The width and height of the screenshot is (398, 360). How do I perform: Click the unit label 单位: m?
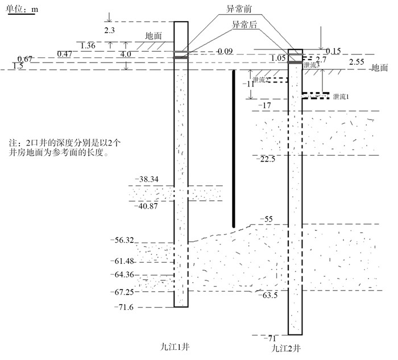coord(21,11)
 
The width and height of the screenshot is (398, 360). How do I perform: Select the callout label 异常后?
coord(243,26)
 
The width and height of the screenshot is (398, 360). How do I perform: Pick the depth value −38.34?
coord(146,180)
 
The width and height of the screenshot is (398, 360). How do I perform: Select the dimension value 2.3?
coord(110,29)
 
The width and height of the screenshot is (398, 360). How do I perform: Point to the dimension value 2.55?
coord(357,61)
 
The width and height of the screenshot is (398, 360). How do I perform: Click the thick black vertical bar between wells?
coord(234,148)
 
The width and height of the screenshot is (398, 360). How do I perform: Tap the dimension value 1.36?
coord(88,45)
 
